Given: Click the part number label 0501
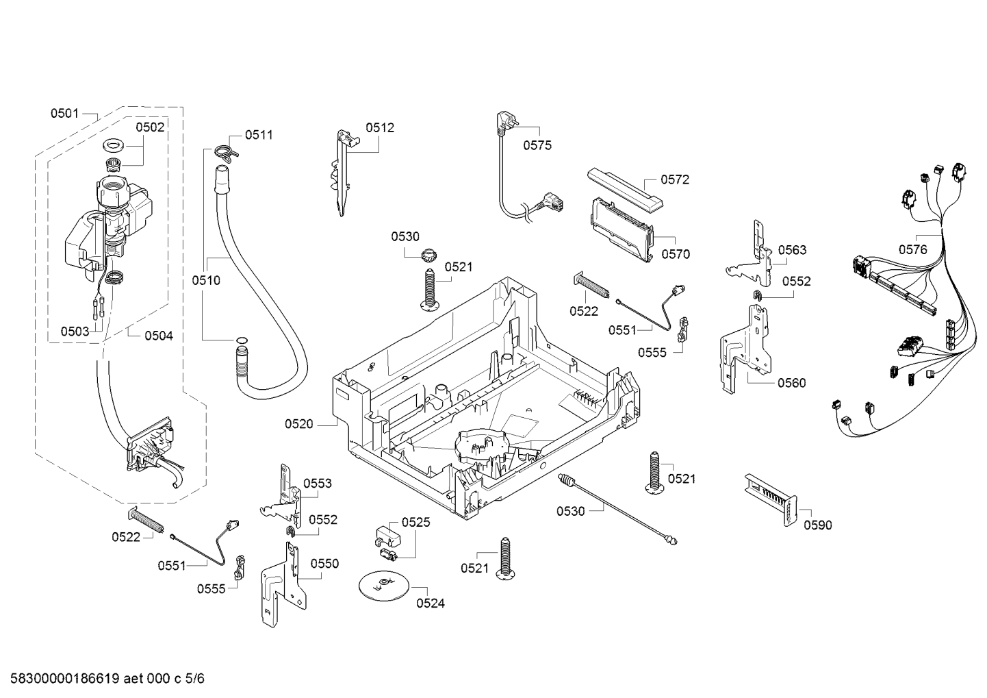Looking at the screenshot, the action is click(x=64, y=114).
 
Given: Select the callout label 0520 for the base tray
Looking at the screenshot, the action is click(x=298, y=424).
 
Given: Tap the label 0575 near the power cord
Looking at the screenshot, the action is click(x=537, y=145).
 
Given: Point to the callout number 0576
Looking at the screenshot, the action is click(x=913, y=249).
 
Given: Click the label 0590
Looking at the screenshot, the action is click(x=818, y=525).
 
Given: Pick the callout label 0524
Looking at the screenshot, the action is click(x=431, y=603).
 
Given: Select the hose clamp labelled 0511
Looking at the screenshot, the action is click(x=227, y=151).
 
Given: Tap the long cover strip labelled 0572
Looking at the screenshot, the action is click(x=625, y=190).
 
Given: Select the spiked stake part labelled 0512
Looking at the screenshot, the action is click(x=343, y=171).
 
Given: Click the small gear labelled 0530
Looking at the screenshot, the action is click(x=428, y=255).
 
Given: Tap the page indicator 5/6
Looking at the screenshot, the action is click(x=195, y=679).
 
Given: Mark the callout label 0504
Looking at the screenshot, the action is click(x=159, y=336).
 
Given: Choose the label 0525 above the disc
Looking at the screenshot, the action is click(x=415, y=523).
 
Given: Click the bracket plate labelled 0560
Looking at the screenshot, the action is click(x=745, y=349).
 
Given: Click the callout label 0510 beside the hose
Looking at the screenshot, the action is click(x=206, y=280).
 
